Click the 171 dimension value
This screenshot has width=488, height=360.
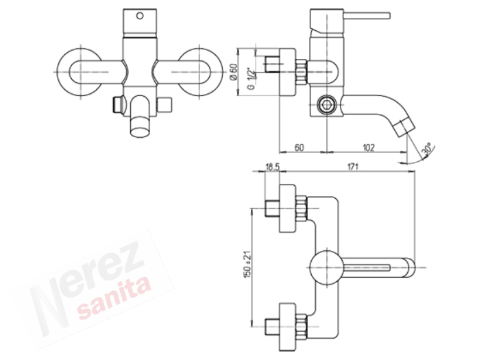[x=352, y=167]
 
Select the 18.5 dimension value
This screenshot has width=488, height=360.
[x=272, y=167]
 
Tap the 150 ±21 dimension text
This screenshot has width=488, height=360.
[x=248, y=265]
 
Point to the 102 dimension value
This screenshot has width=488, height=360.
[x=368, y=147]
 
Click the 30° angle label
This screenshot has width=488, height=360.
[x=427, y=149]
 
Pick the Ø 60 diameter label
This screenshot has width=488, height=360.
[x=234, y=71]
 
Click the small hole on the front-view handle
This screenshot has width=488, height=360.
[x=140, y=15]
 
